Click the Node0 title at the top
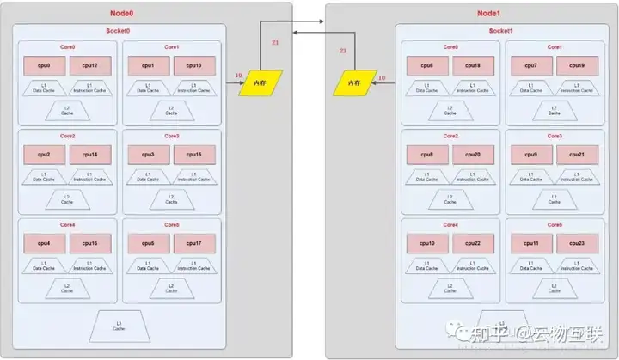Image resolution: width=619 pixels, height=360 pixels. tap(123, 14)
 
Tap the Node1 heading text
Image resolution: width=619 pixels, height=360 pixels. tap(489, 14)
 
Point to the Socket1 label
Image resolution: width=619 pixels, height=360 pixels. tap(501, 31)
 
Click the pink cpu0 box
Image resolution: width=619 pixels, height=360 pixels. tap(43, 65)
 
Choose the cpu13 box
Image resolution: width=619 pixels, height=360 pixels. tap(193, 65)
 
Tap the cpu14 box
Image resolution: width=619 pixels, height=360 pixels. tap(89, 155)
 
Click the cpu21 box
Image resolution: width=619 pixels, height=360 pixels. tap(575, 155)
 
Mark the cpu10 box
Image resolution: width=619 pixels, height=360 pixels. tap(426, 244)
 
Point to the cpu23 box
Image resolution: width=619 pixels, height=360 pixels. tap(575, 244)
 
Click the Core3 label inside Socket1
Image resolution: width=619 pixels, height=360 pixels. tap(555, 136)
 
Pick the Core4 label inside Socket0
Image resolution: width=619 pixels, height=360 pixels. tap(67, 225)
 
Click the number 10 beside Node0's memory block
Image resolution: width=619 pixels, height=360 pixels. tap(238, 76)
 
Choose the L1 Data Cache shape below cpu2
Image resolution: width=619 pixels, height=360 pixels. tap(44, 176)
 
